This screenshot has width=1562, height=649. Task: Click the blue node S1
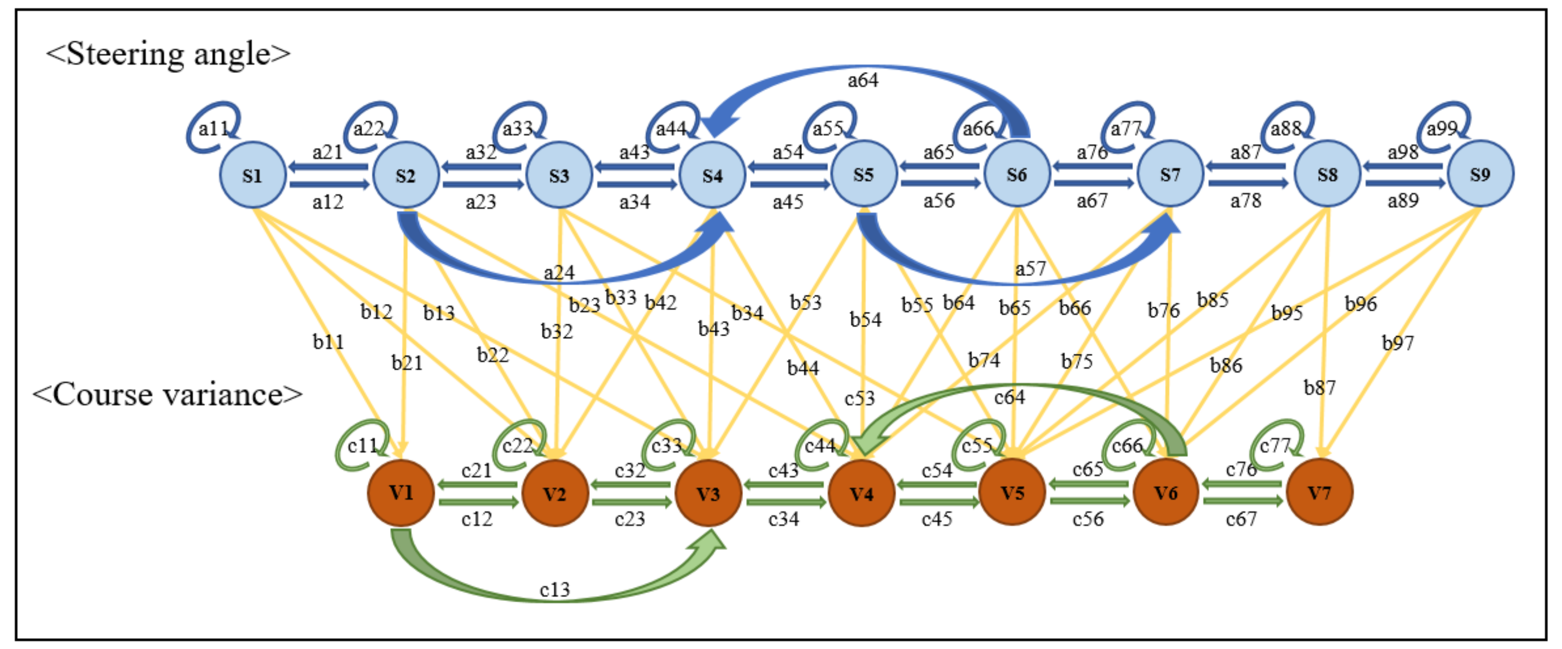coord(252,175)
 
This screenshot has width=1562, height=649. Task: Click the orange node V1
coord(401,492)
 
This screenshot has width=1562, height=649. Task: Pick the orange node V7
coord(1319,492)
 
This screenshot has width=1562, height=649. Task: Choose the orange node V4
coord(861,494)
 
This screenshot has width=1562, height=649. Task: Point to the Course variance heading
coord(167,394)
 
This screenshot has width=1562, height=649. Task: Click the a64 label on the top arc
coord(862,80)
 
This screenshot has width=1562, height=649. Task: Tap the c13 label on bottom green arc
coord(554,590)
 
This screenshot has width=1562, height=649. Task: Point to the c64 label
coord(1009,397)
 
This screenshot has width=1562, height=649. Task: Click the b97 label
coord(1398,343)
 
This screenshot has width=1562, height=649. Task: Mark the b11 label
coord(328,342)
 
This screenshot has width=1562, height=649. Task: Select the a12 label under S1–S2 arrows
coord(327,202)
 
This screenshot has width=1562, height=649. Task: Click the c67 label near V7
coord(1241,519)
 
